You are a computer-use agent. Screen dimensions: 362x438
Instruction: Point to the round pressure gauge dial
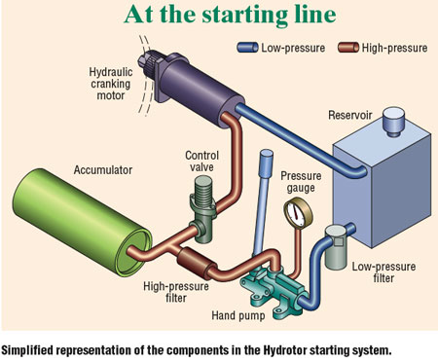click(x=290, y=211)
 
